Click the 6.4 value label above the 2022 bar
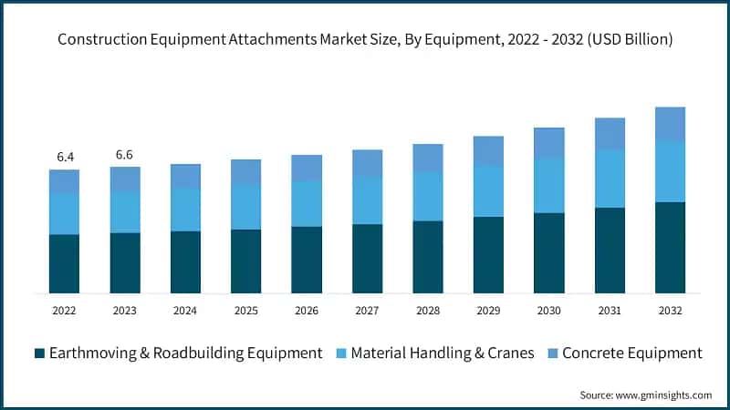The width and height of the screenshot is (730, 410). coord(65,157)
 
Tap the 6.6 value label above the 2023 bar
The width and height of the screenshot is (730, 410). coord(125,154)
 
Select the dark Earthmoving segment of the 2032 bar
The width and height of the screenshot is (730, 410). coord(671,247)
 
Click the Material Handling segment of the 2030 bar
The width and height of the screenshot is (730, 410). coord(549,185)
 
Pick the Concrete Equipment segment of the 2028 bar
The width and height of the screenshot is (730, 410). coord(428,158)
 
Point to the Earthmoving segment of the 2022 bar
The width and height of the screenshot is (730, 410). coord(65,263)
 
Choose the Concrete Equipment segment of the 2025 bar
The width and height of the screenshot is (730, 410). coord(246,171)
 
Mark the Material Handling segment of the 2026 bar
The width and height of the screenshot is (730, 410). coord(307,203)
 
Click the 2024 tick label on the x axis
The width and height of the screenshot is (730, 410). coord(185,311)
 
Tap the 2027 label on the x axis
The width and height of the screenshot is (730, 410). coord(367,311)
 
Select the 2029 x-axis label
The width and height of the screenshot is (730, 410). coord(488,311)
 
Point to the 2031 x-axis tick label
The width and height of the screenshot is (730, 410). coord(610,311)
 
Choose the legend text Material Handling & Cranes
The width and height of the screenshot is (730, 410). coord(443,353)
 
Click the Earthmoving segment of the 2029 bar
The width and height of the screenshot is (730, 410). coord(488,254)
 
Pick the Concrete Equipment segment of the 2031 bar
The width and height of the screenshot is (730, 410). coord(610,133)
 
